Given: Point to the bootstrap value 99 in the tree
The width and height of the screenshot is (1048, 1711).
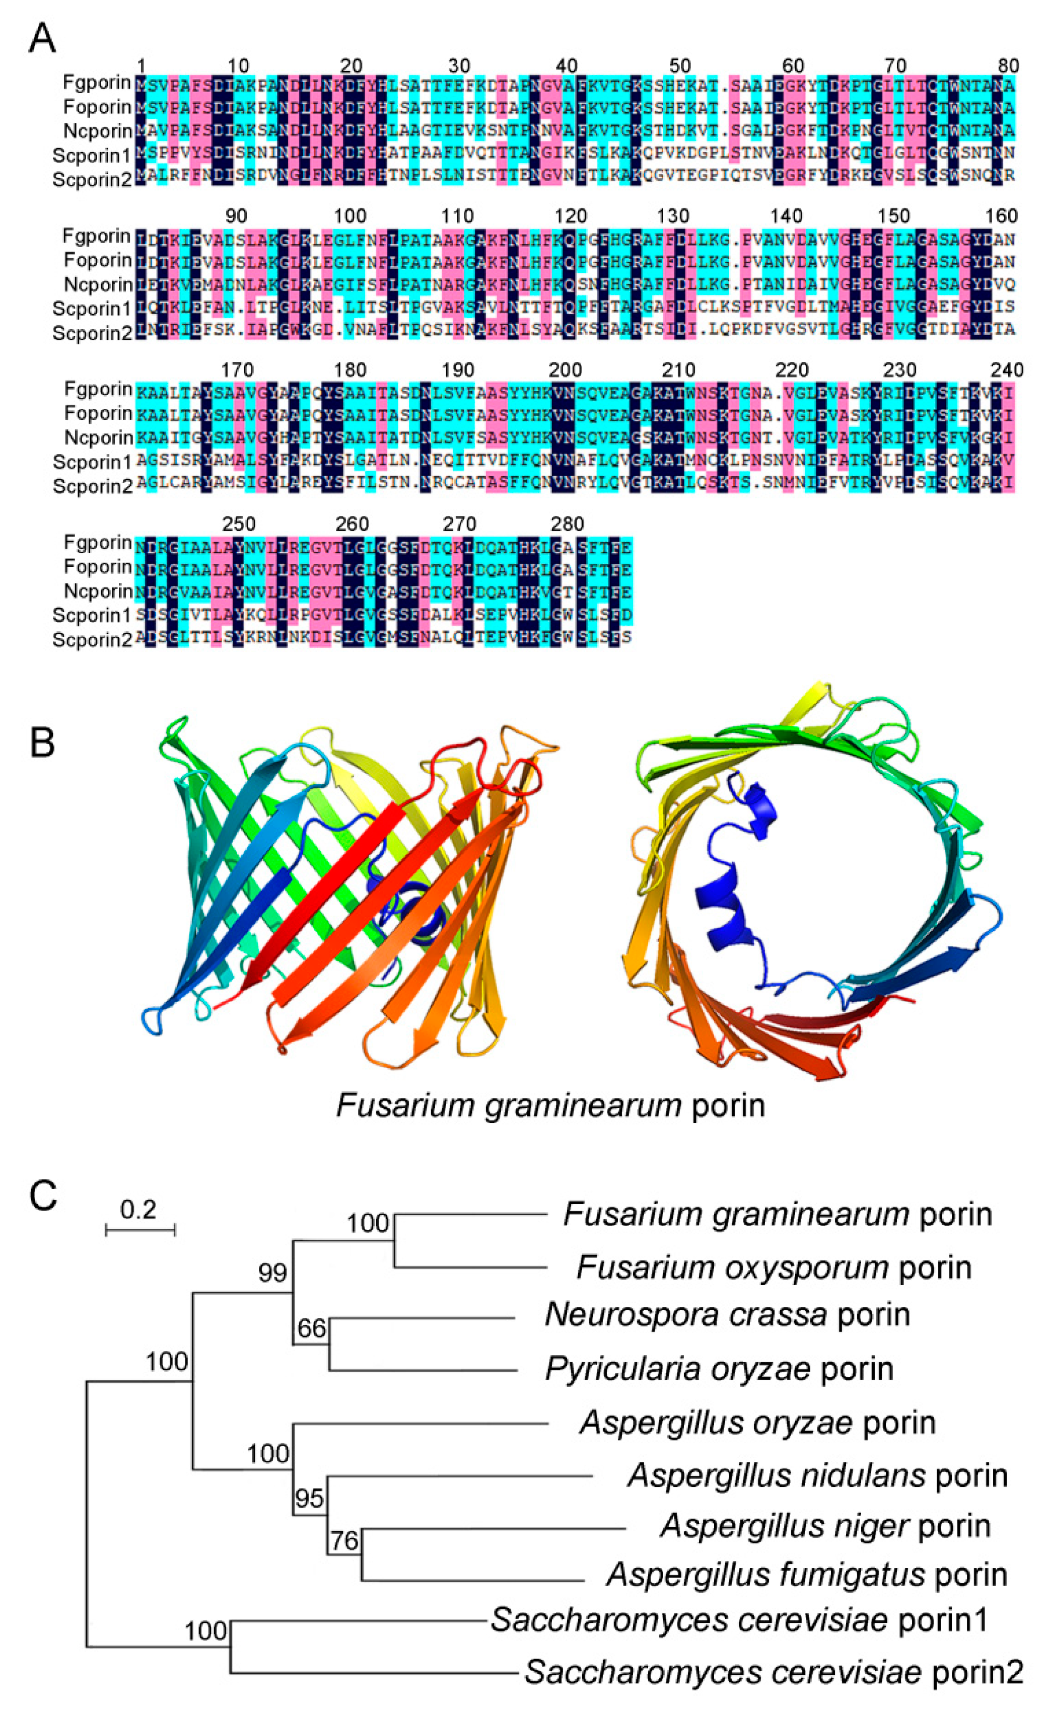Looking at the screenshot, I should click(272, 1273).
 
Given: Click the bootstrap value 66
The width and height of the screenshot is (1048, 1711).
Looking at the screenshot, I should click(312, 1328).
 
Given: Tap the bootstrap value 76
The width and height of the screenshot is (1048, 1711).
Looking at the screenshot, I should click(344, 1541).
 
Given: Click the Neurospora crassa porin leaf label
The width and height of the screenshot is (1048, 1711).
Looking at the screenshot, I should click(727, 1314).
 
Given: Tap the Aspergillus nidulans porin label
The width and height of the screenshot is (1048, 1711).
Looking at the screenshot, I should click(817, 1475).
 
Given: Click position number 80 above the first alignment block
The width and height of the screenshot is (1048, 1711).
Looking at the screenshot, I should click(1008, 66).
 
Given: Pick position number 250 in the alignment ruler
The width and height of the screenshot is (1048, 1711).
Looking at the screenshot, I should click(239, 524).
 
